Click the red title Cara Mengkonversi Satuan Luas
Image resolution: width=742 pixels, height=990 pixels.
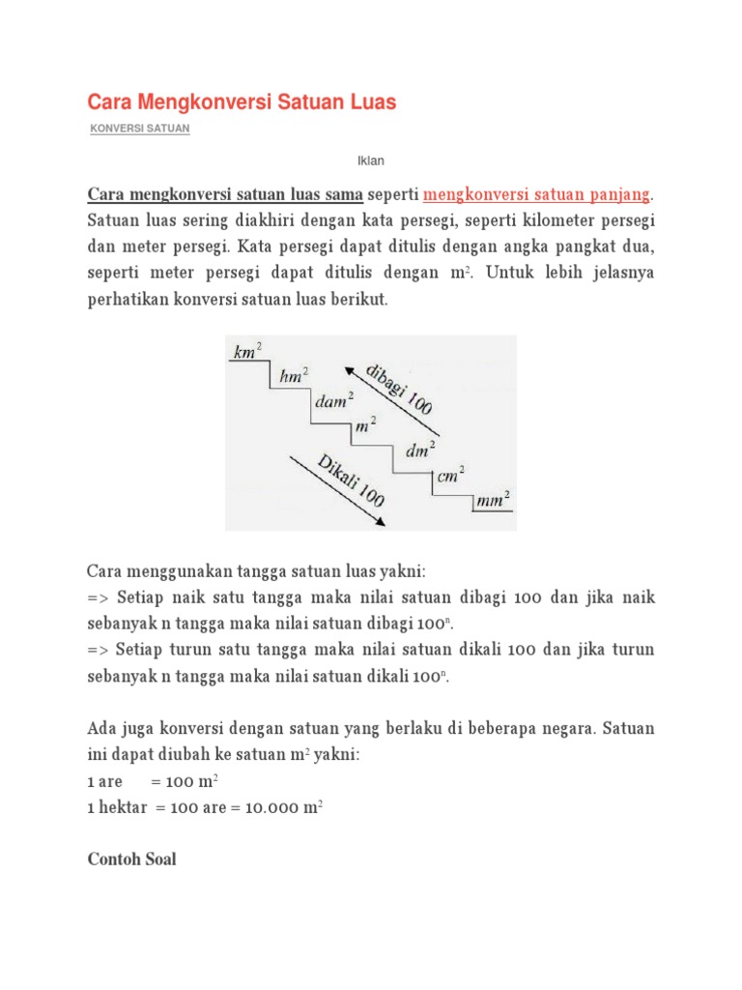[242, 102]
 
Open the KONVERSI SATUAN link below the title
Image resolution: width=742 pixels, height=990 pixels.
[139, 130]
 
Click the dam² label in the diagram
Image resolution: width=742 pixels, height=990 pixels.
[332, 401]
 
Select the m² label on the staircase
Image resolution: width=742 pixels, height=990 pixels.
[366, 424]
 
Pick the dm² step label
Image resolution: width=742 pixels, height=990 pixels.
[420, 450]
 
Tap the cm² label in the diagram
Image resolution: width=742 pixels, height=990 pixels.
[450, 475]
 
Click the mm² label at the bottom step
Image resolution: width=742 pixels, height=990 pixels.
[492, 499]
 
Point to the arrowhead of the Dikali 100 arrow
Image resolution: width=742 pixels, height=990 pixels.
[383, 521]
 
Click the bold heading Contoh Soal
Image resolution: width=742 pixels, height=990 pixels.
[131, 859]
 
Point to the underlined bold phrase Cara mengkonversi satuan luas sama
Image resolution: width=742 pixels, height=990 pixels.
[225, 194]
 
